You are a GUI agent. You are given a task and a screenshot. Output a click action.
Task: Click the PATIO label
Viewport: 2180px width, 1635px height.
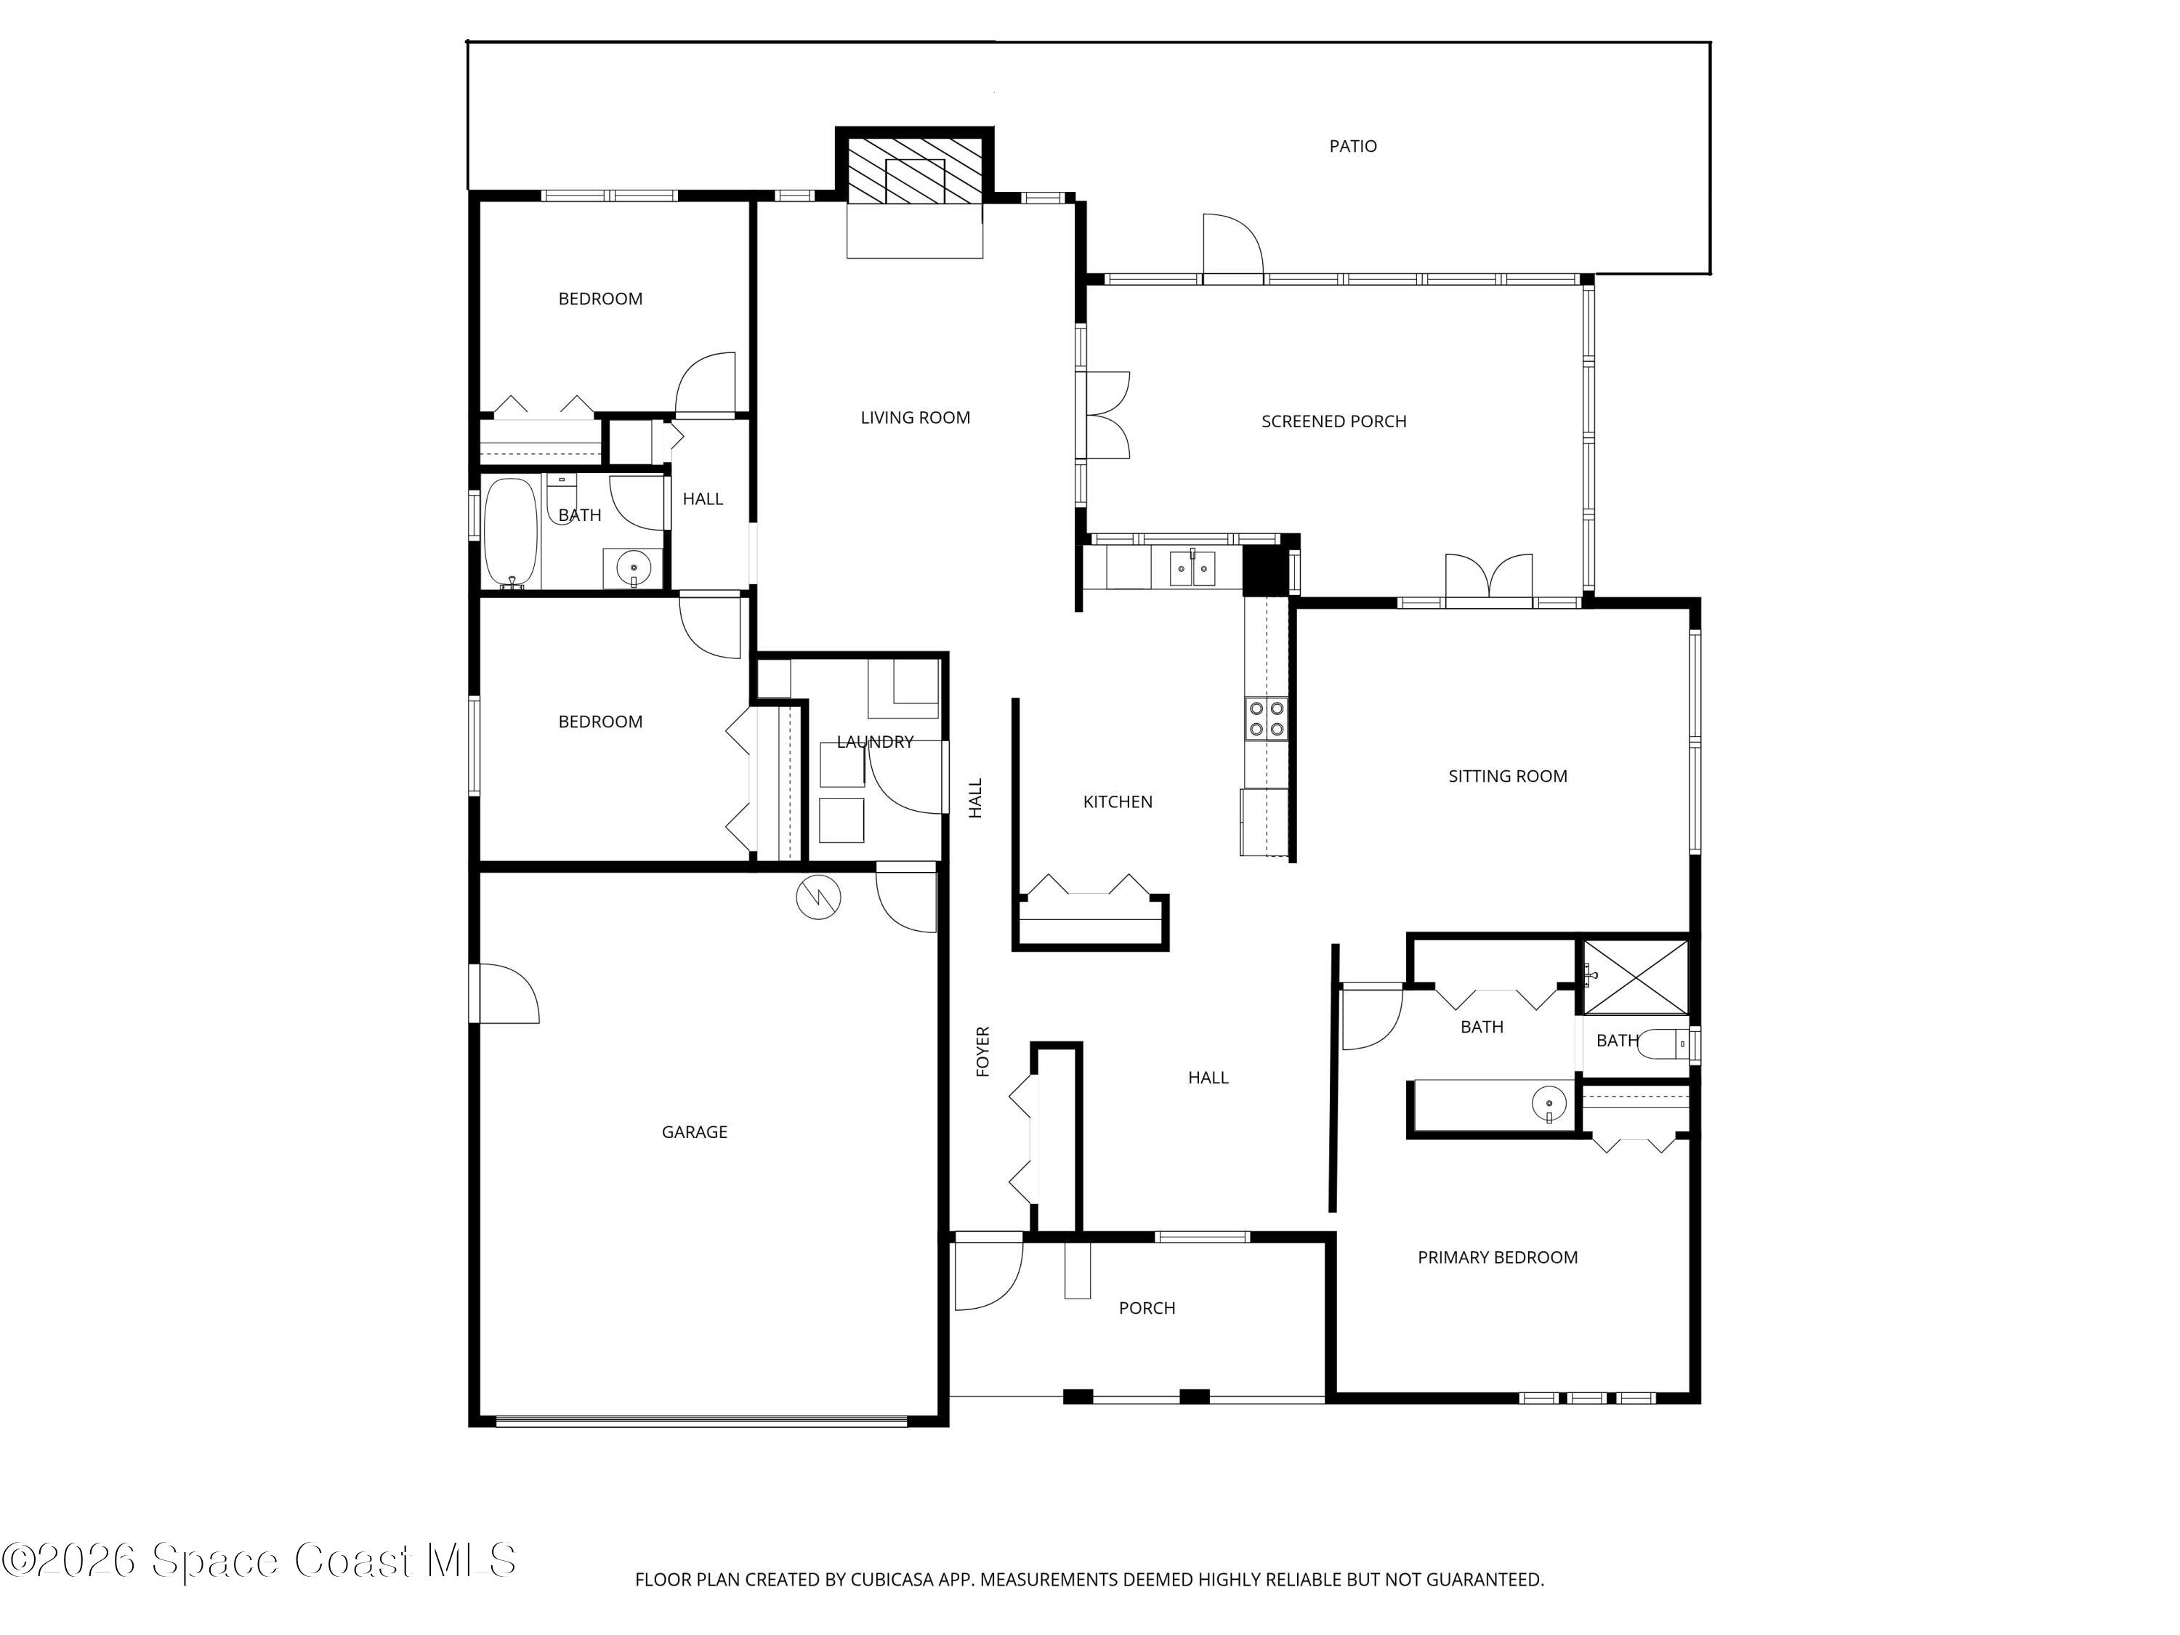click(1352, 146)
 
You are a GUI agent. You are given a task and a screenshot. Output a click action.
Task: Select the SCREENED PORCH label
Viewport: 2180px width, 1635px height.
click(1333, 421)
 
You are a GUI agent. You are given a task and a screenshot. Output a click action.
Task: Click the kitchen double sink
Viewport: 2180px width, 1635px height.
click(1192, 569)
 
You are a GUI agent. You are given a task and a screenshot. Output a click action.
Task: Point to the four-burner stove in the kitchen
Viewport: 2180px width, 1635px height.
click(1265, 717)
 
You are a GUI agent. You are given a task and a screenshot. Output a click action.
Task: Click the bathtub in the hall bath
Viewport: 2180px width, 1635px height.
click(511, 532)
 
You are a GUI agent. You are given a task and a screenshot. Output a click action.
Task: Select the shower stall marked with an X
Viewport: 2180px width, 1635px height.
click(1635, 977)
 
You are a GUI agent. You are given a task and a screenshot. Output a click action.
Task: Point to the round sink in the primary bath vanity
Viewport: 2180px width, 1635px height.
click(1549, 1104)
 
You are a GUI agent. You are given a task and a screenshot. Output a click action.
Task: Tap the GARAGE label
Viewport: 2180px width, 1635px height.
click(694, 1131)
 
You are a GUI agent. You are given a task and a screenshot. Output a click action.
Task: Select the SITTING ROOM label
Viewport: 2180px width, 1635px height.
click(1507, 775)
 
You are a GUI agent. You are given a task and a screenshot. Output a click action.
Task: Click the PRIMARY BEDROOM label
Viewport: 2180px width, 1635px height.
click(1497, 1256)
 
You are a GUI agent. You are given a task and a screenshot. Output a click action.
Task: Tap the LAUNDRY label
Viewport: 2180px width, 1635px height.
click(874, 741)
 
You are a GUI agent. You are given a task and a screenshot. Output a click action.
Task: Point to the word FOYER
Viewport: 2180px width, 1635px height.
click(982, 1051)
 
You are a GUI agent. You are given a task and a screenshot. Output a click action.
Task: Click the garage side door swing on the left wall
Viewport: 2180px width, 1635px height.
click(506, 993)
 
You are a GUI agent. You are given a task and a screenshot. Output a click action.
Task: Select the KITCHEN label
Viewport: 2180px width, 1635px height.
click(1117, 802)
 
